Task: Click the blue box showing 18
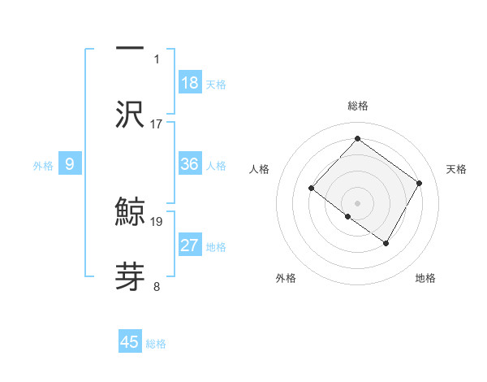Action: pyautogui.click(x=190, y=83)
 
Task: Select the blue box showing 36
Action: pyautogui.click(x=190, y=164)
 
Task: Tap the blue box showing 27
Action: pyautogui.click(x=190, y=245)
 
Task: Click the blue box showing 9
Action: pyautogui.click(x=70, y=164)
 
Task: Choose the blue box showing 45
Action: pyautogui.click(x=130, y=342)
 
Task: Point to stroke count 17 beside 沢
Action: pyautogui.click(x=157, y=124)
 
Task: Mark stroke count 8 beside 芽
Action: pyautogui.click(x=157, y=286)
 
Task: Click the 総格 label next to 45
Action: pyautogui.click(x=156, y=344)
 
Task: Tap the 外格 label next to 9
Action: pyautogui.click(x=43, y=166)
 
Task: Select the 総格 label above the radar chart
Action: pyautogui.click(x=357, y=106)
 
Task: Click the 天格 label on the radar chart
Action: pyautogui.click(x=457, y=169)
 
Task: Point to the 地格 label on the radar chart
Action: pyautogui.click(x=425, y=278)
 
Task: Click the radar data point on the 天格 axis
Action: pyautogui.click(x=420, y=183)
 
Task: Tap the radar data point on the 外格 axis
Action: pyautogui.click(x=347, y=216)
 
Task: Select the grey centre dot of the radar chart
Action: pyautogui.click(x=357, y=202)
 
